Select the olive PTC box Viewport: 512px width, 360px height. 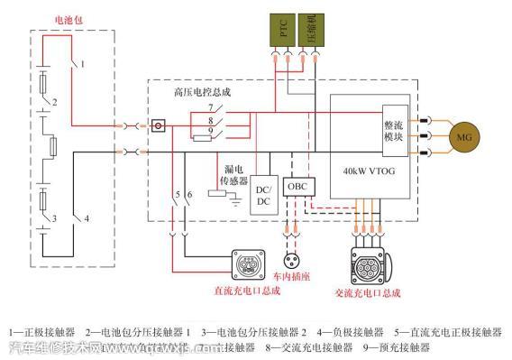[286, 32]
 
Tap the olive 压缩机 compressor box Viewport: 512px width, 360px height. [312, 32]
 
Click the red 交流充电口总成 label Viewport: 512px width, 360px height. [366, 293]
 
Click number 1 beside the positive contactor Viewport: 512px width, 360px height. [82, 64]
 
